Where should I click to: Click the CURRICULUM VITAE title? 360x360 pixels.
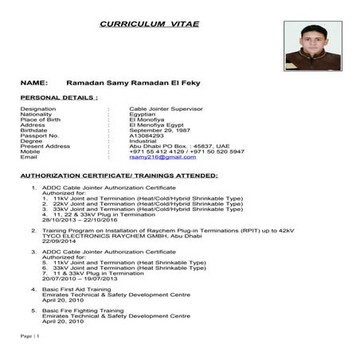point(150,25)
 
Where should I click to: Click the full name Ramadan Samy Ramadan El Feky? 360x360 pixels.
point(133,82)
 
